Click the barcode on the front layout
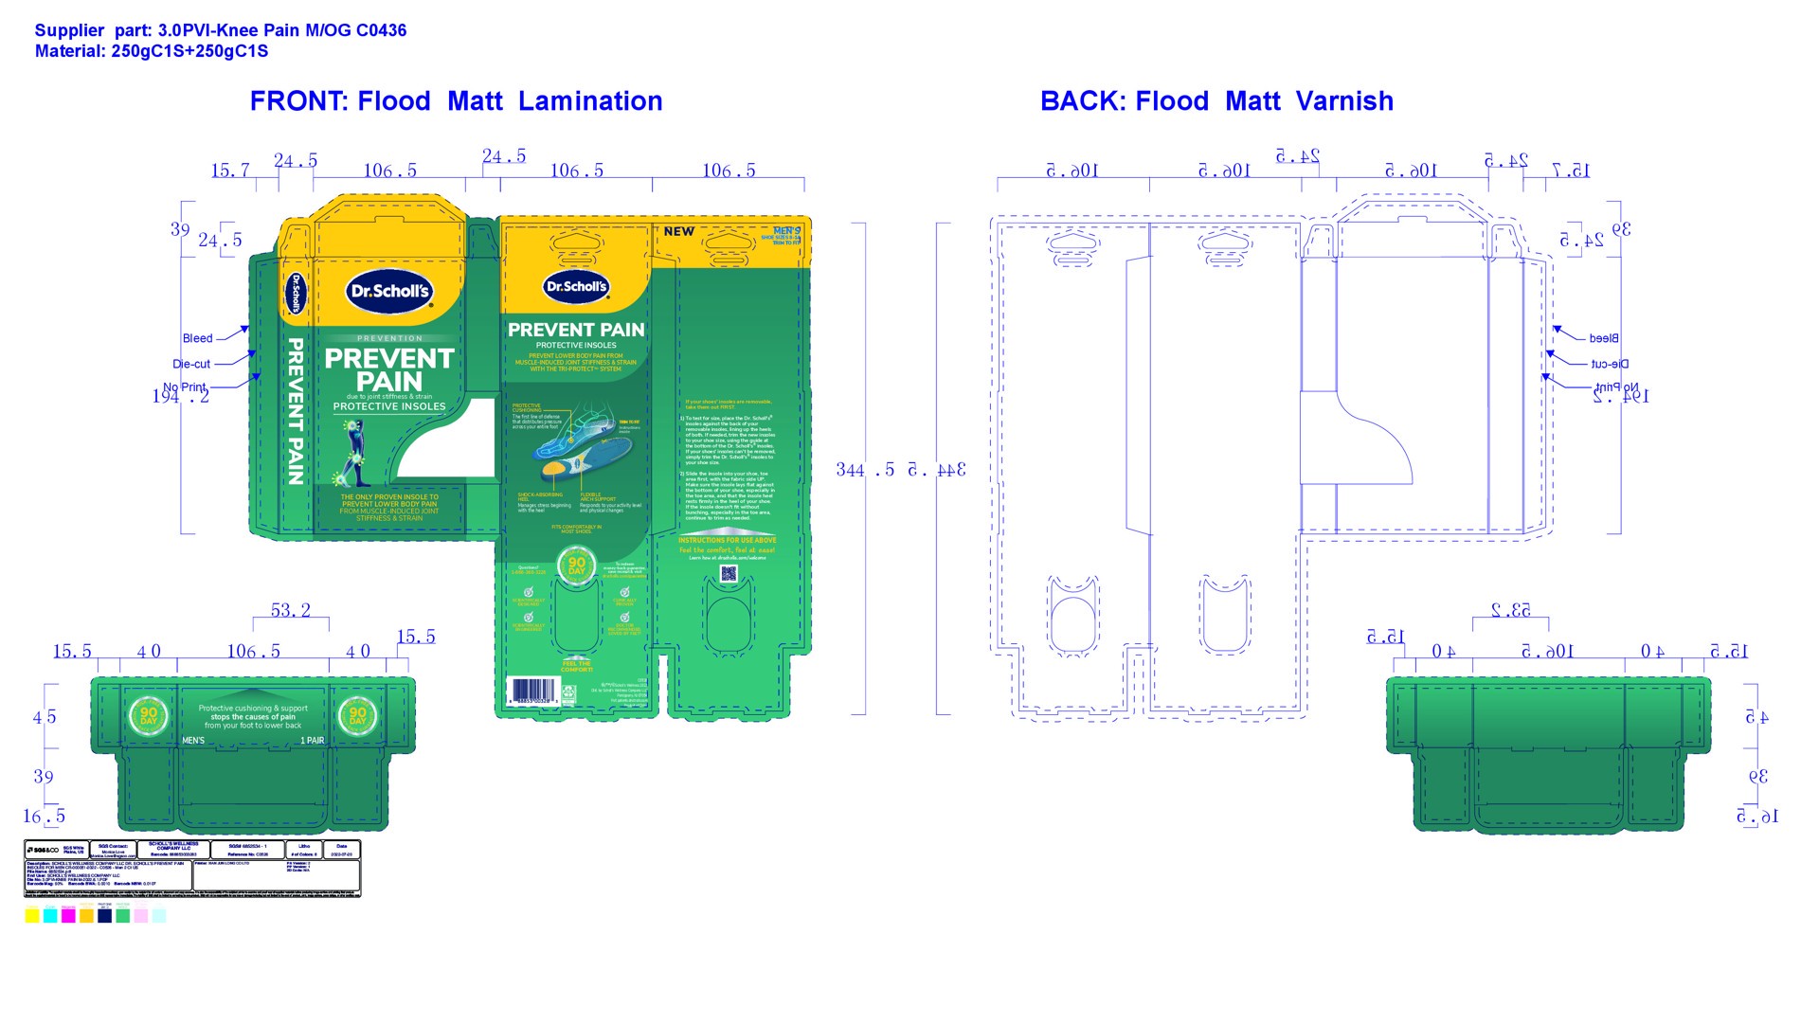532,690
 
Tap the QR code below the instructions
728,573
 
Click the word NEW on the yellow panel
678,231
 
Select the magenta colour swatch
68,915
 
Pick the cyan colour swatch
50,915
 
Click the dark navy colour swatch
104,915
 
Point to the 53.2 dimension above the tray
291,610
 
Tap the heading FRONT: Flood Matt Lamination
456,101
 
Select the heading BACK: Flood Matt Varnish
1216,101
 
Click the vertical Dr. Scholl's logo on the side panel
295,294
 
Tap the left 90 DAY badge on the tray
149,715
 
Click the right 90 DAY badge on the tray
357,715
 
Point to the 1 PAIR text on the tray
313,741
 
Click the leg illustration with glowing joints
352,452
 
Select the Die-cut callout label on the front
191,364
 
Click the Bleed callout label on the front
197,338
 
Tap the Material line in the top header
152,51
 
